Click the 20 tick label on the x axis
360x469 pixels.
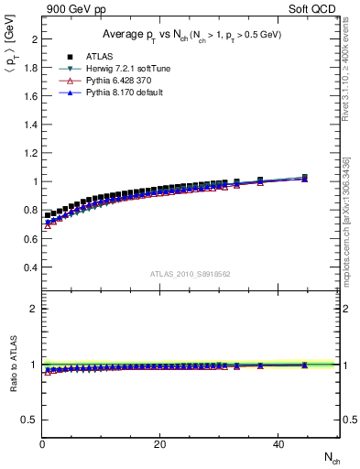click(159, 444)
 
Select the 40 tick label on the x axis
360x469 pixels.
click(277, 444)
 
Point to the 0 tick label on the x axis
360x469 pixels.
click(43, 444)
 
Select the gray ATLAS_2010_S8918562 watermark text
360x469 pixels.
click(191, 273)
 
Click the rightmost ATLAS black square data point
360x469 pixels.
click(304, 178)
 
